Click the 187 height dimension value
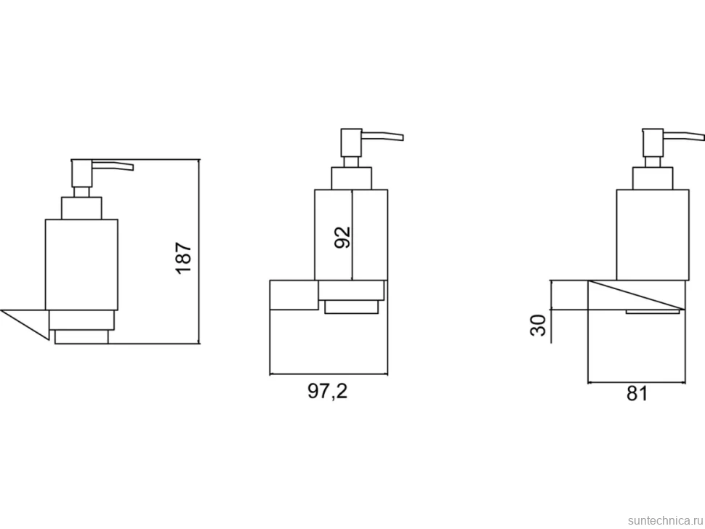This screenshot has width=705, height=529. pos(184,258)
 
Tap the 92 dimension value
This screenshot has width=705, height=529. pos(342,237)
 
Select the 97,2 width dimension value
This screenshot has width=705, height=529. pos(328,391)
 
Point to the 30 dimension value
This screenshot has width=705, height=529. pos(538,325)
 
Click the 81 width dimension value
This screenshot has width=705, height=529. pos(637,394)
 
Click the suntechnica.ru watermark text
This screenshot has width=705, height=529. pos(665,520)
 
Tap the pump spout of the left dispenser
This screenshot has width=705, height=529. pos(113,166)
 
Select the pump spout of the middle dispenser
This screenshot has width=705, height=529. pos(382,136)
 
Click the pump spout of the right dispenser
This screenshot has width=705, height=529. pos(684,136)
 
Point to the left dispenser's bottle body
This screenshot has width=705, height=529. pos(81,264)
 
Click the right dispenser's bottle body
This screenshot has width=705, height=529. pos(653,235)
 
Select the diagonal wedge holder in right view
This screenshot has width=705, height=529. pos(636,295)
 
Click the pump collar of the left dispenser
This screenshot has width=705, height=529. pos(81,208)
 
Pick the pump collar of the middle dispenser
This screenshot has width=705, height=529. pos(352,179)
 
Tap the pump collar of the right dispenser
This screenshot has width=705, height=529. pos(653,179)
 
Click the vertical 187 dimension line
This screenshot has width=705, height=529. pos(198,251)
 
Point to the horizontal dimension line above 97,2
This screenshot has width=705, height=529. pos(329,373)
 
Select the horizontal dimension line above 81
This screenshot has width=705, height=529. pos(636,383)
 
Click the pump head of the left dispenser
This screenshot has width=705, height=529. pos(81,174)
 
